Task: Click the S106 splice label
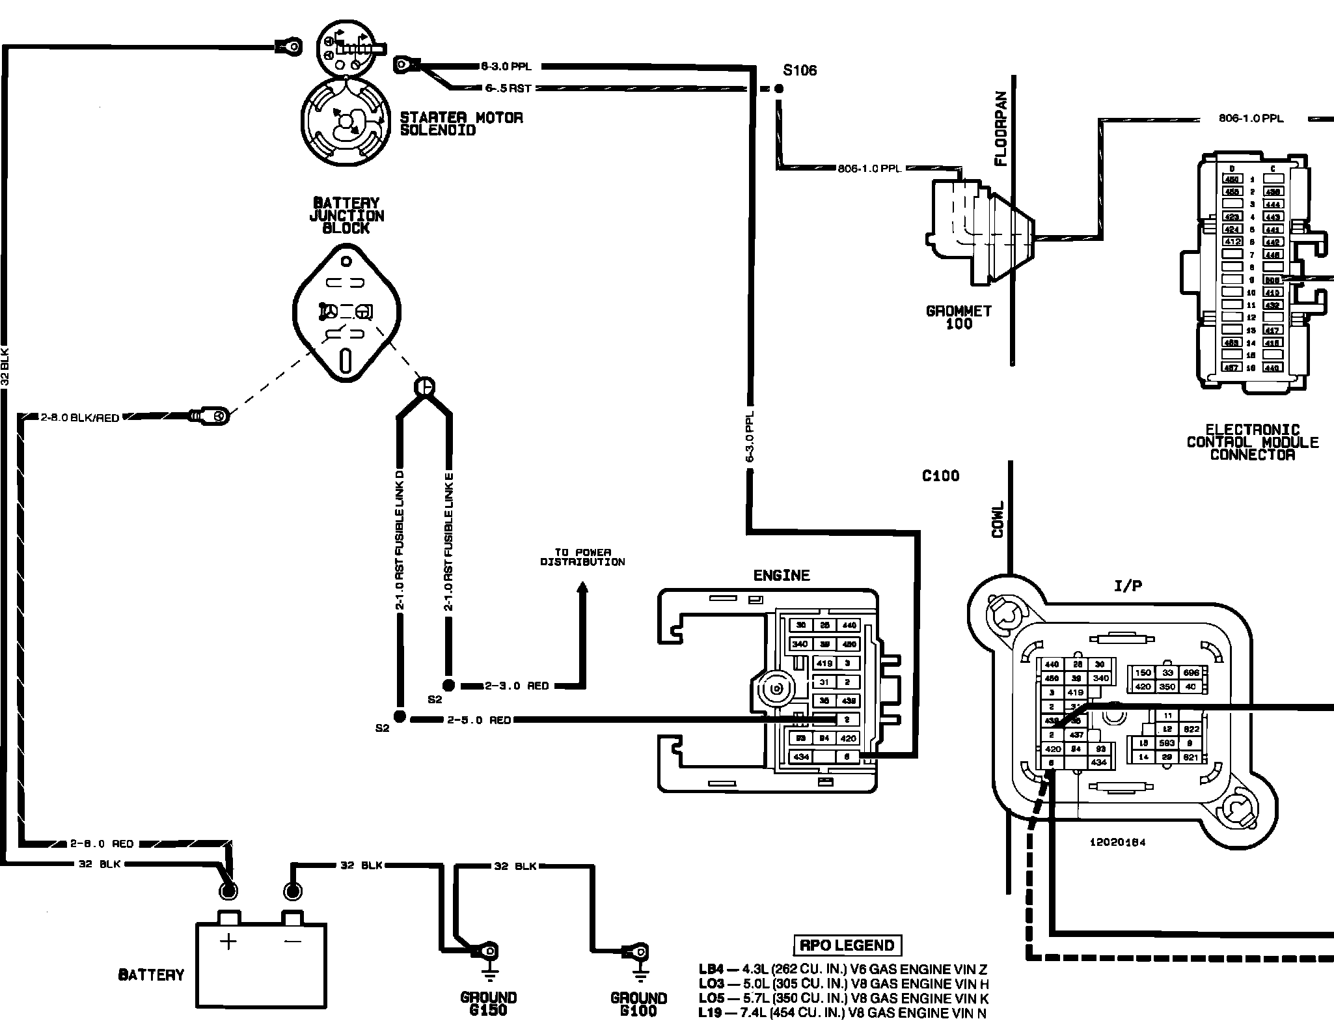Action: pos(800,70)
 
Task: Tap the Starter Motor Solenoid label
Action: pos(461,124)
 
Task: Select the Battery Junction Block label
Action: pos(346,216)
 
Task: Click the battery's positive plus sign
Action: pos(228,942)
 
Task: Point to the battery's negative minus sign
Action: pos(293,941)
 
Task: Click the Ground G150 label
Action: pos(488,1003)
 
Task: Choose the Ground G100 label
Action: pos(638,1003)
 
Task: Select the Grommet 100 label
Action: pos(959,317)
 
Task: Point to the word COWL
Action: pos(998,519)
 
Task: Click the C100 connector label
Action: pos(940,476)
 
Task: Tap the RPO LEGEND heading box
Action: pos(847,945)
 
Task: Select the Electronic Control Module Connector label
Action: pos(1252,442)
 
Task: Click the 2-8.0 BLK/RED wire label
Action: pos(80,417)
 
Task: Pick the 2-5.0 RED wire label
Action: pos(479,720)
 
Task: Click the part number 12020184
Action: pos(1117,842)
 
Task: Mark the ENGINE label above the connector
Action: pos(782,575)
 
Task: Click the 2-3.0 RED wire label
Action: pos(517,686)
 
